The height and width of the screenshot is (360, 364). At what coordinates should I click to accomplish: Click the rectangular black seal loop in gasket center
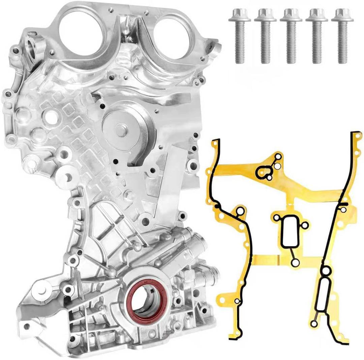pyautogui.click(x=289, y=232)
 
